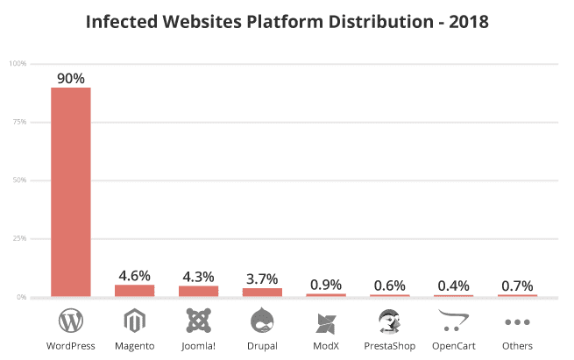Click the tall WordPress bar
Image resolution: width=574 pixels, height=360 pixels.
coord(71,192)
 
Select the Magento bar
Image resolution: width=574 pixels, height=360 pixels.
coord(135,291)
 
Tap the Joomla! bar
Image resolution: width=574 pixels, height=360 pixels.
coord(199,292)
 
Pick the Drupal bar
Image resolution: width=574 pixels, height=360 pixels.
coord(262,293)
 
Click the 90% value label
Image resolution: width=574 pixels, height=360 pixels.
coord(71,78)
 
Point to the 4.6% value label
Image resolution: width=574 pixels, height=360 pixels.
coord(135,275)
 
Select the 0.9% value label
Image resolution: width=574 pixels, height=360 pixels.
coord(326,285)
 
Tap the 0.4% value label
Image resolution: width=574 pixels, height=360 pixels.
coord(453,286)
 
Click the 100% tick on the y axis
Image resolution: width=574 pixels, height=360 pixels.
coord(18,64)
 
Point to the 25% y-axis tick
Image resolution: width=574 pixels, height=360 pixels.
coord(18,238)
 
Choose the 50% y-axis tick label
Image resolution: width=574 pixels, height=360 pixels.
coord(18,180)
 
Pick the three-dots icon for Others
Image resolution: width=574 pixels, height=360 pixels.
coord(517,322)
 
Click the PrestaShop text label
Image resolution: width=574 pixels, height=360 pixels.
coord(389,346)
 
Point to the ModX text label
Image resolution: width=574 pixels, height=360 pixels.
coord(326,346)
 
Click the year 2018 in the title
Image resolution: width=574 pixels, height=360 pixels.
coord(464,20)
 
